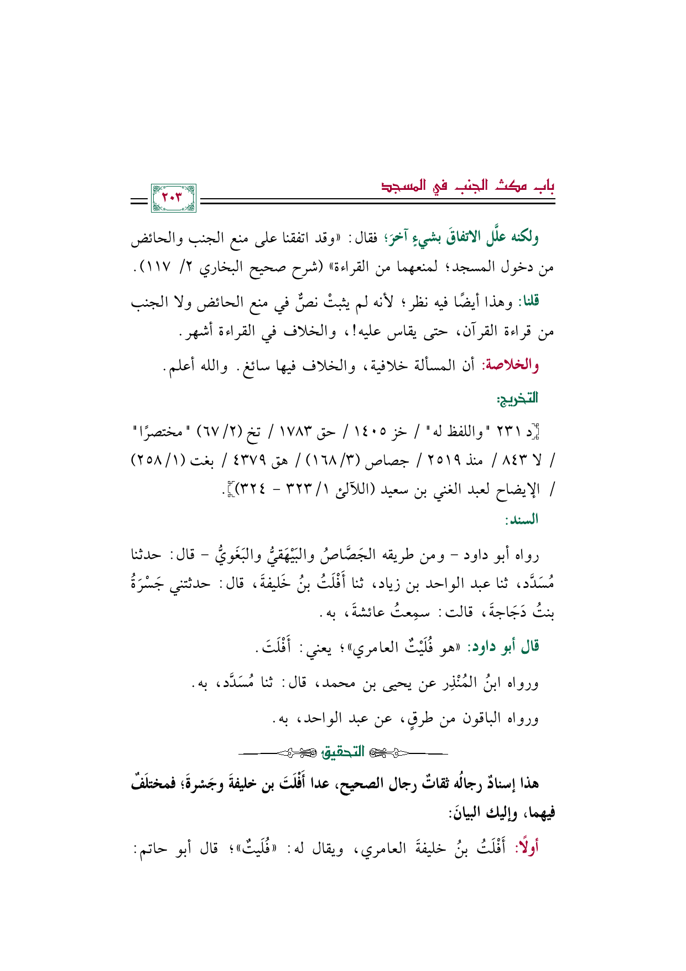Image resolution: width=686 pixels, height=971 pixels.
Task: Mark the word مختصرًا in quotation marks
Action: [163, 430]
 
